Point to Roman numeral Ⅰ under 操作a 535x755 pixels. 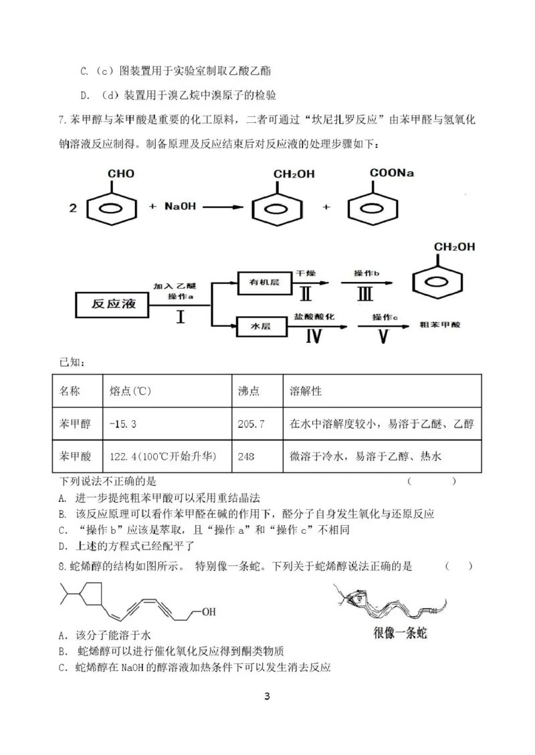pos(181,317)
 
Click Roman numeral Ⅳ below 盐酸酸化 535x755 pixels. pos(315,337)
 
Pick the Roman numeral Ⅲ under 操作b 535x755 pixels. pos(366,294)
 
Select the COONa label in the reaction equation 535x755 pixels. pos(391,173)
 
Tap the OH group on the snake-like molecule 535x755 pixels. pos(209,611)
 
